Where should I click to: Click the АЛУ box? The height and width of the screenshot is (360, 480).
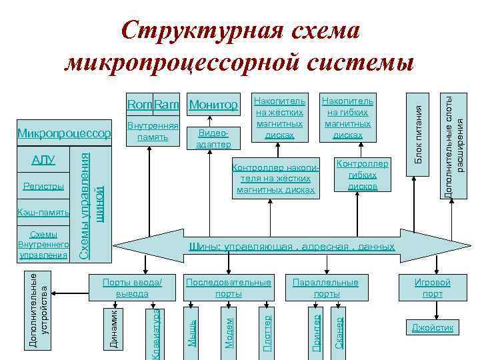pos(43,160)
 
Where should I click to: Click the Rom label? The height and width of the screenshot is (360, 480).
pos(140,105)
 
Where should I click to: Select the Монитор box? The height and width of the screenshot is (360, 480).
pos(213,105)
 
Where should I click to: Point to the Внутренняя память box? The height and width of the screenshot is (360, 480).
pos(153,132)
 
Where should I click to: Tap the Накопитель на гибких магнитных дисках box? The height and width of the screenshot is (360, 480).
pos(347,117)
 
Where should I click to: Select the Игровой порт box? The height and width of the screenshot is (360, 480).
pos(432,288)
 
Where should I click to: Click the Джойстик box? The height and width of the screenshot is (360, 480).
pos(432,327)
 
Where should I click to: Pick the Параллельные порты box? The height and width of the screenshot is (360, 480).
pos(326,288)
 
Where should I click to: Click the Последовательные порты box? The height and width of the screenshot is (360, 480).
pos(229,288)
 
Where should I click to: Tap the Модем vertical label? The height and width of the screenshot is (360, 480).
pos(229,331)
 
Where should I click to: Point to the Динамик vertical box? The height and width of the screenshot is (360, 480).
pos(114,328)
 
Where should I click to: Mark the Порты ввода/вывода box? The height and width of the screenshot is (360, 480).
pos(132,288)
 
